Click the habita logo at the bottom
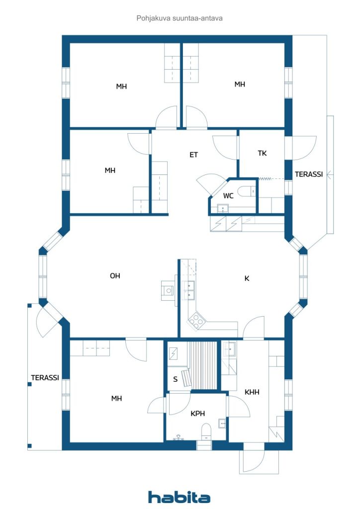point(179,497)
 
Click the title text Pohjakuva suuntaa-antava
point(180,18)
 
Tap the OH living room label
point(115,275)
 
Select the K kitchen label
point(247,278)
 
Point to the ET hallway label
point(193,155)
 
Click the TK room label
point(262,153)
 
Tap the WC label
point(228,196)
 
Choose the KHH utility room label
point(252,392)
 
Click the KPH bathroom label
point(198,413)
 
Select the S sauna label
point(176,379)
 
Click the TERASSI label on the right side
point(309,174)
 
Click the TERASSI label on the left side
point(45,378)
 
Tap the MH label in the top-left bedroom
point(121,86)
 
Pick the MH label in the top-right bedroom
point(240,84)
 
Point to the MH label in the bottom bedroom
point(116,398)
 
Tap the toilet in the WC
point(246,191)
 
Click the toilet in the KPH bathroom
point(206,431)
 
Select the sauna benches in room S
point(201,365)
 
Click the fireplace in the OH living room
point(168,290)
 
